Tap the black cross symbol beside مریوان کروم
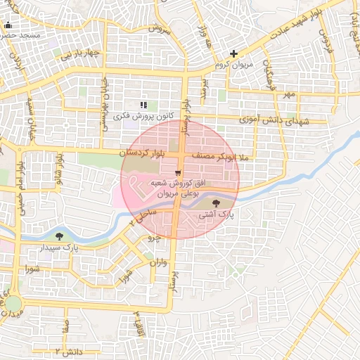[x=234, y=53]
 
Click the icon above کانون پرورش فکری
[x=143, y=104]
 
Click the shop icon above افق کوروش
[x=178, y=172]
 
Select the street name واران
[x=159, y=263]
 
